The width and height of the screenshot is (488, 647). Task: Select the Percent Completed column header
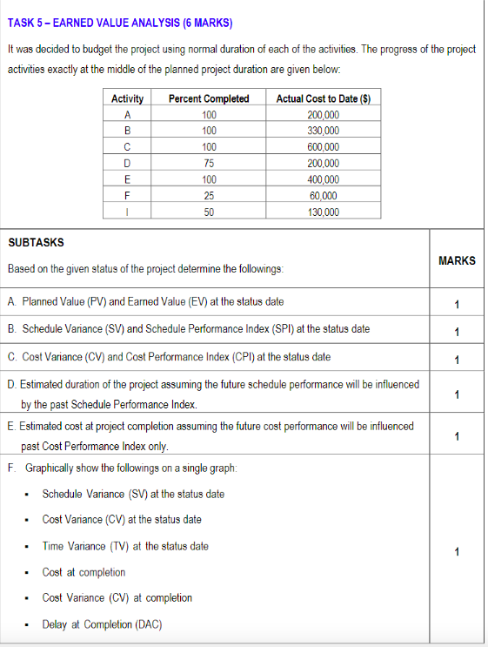click(208, 98)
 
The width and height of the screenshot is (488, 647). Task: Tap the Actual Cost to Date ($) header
click(324, 98)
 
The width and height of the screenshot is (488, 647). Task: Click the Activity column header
click(128, 98)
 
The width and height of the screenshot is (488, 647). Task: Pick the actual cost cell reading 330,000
click(324, 131)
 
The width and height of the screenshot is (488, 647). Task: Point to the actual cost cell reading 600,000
click(324, 146)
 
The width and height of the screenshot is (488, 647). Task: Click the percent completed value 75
click(208, 163)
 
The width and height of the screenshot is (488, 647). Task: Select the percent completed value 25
click(208, 195)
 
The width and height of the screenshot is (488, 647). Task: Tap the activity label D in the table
click(128, 163)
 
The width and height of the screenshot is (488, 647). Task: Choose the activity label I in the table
click(128, 212)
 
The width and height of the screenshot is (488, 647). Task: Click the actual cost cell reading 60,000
click(324, 195)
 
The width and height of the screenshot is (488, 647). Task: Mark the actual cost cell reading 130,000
click(324, 212)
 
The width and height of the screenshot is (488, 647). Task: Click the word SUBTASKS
click(35, 241)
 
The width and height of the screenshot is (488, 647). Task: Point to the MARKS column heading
click(457, 260)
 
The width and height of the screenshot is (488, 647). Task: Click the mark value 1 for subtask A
click(457, 303)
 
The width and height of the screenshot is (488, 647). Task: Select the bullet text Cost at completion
click(84, 572)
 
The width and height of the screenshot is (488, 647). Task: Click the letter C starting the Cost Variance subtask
click(10, 356)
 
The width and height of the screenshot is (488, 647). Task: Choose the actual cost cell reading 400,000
click(324, 179)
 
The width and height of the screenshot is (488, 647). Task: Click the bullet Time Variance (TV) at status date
click(125, 546)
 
